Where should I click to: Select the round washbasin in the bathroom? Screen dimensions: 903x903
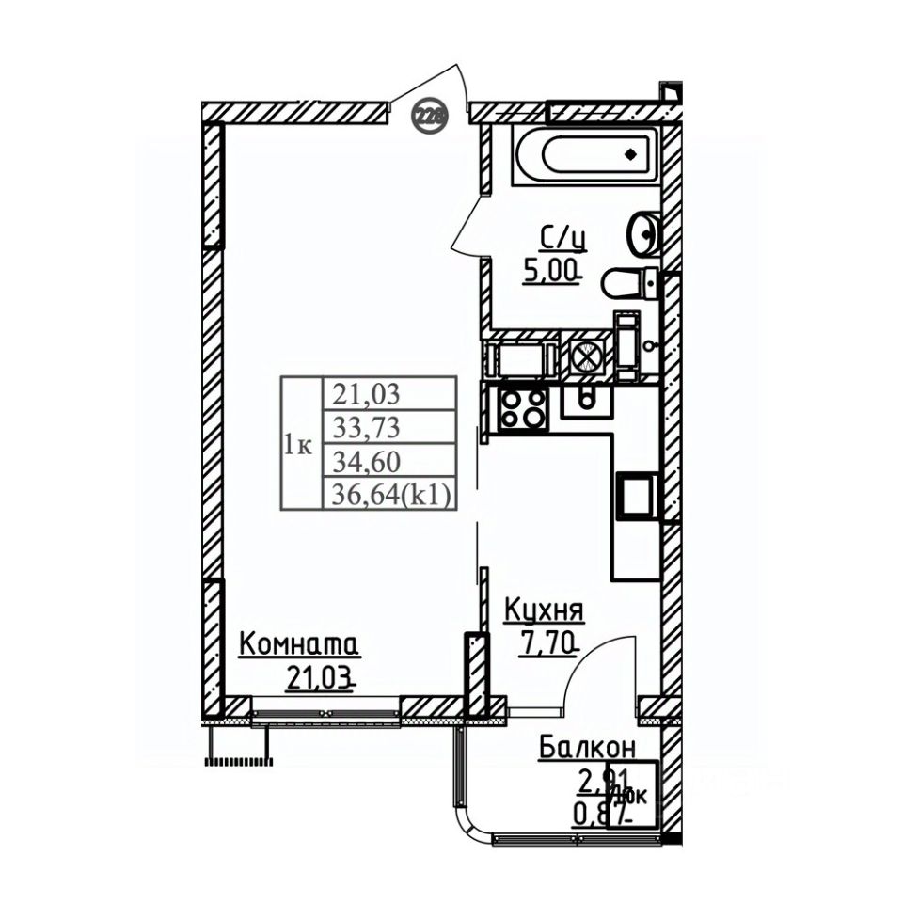click(644, 230)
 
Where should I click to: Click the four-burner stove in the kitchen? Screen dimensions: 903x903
click(523, 407)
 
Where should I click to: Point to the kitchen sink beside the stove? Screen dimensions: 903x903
click(586, 399)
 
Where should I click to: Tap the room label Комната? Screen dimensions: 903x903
click(298, 646)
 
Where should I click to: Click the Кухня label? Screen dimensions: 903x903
click(545, 611)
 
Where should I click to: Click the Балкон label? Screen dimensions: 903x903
click(586, 749)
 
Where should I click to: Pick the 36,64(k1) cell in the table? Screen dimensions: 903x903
click(388, 495)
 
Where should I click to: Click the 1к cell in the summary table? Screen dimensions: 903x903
click(299, 445)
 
